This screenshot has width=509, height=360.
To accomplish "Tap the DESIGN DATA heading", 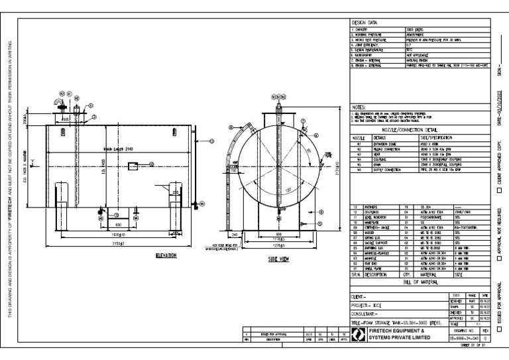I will coord(363,23).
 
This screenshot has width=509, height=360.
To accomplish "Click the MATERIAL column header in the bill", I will coord(431,273).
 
